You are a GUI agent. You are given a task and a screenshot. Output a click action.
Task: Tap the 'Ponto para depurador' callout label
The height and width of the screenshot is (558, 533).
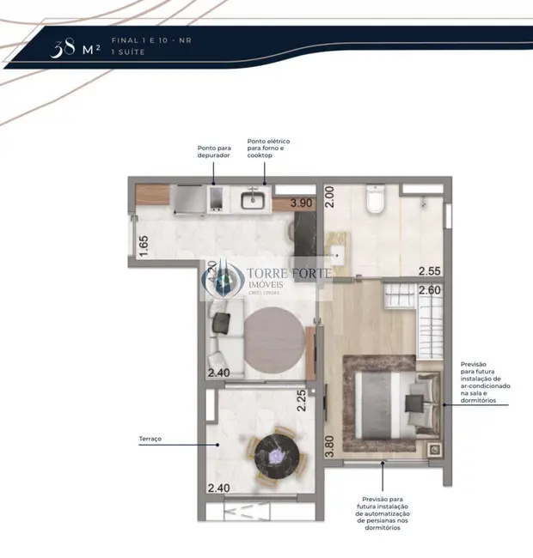point(214,151)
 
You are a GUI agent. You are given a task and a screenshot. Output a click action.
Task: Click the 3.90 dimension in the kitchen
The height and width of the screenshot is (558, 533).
point(301,203)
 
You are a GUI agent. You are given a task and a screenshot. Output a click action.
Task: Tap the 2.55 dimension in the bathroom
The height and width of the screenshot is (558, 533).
point(430,271)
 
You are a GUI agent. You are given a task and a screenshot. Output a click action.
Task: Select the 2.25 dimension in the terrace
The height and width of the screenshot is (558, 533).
point(302,401)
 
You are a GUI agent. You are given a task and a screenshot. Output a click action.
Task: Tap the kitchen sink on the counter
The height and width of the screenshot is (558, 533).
point(254,199)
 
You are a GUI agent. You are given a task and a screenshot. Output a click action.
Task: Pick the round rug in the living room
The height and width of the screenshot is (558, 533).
point(273,339)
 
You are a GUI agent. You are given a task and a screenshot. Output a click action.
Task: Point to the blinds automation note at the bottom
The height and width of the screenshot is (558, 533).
point(382,512)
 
